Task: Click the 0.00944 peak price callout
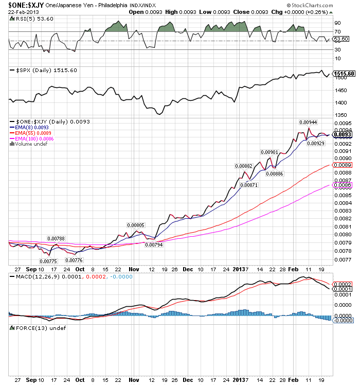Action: tap(308, 122)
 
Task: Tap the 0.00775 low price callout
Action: tap(48, 261)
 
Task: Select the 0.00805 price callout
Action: tap(136, 225)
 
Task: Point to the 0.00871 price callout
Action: tap(249, 185)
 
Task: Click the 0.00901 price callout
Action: tap(269, 152)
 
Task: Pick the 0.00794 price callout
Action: tap(154, 245)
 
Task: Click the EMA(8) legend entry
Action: tap(29, 128)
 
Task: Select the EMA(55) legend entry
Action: tap(30, 133)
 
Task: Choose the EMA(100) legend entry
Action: tap(32, 139)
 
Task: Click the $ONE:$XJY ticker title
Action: tap(26, 5)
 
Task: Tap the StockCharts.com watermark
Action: tap(310, 5)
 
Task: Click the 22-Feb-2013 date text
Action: tap(24, 12)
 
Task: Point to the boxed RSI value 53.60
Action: tap(341, 39)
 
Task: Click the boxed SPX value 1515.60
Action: tap(344, 74)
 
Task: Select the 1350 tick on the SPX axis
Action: tap(340, 115)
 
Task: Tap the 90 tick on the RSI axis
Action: tap(338, 23)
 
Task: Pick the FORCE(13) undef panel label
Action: tap(38, 328)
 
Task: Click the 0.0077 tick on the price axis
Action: tap(343, 259)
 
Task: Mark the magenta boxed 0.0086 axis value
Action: tap(343, 185)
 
